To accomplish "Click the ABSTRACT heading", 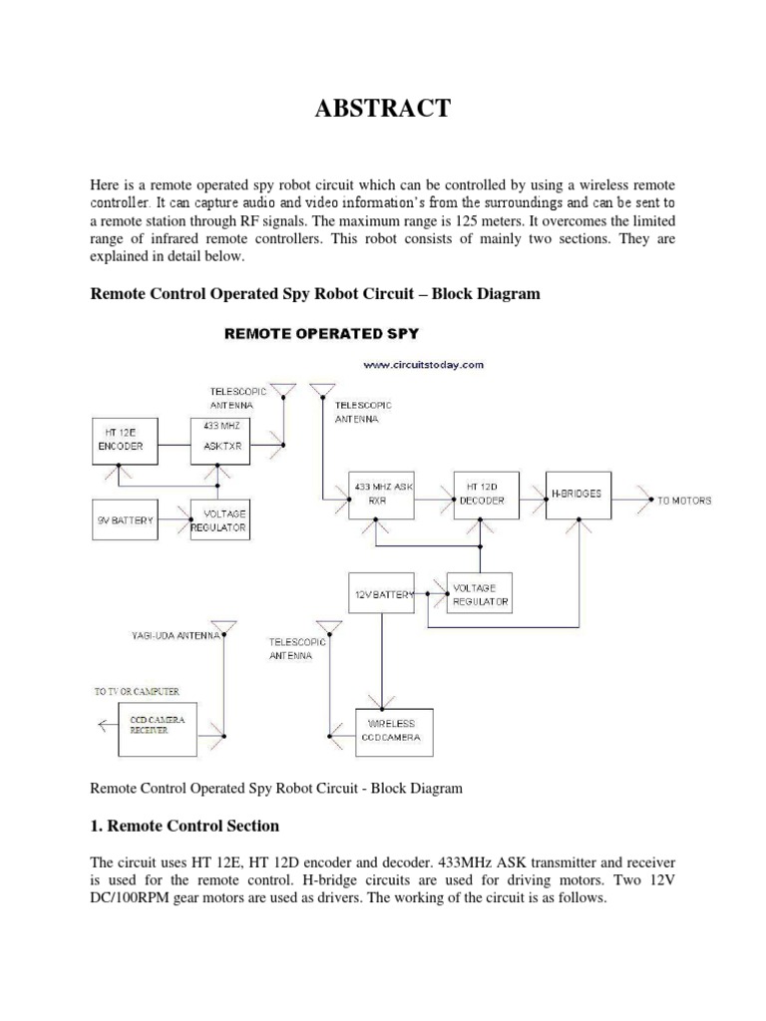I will click(383, 109).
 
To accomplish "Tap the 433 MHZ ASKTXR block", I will click(219, 440).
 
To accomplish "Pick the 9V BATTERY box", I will click(125, 519).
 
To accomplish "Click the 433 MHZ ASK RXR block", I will click(381, 494).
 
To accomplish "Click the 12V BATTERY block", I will click(381, 594).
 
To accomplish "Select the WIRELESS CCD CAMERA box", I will click(397, 730).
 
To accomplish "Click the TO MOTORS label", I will click(683, 500).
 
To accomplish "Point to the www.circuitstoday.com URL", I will click(423, 365).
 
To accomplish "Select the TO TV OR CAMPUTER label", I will click(138, 690).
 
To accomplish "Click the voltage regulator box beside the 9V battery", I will click(219, 519).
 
